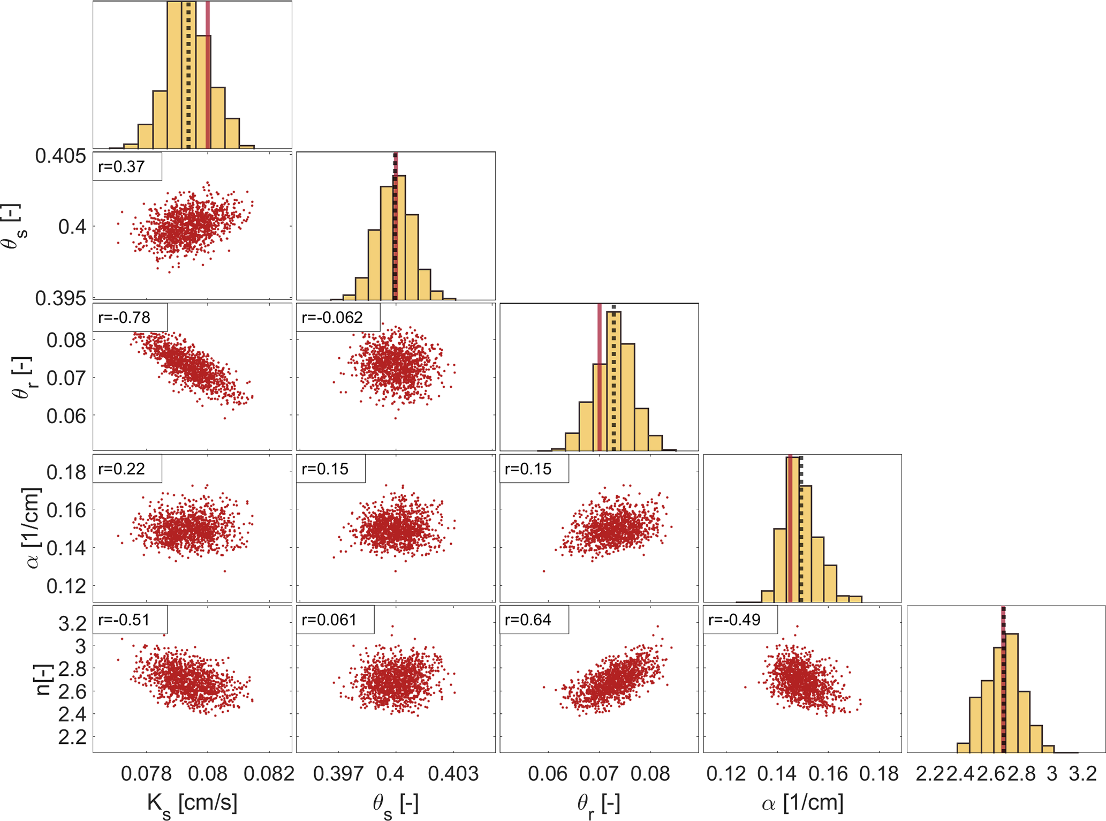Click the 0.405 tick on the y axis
coord(60,156)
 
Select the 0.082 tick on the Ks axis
coord(269,774)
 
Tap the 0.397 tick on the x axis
coord(338,774)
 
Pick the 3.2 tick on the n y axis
coord(73,623)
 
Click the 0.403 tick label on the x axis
coord(453,774)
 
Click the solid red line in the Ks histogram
coord(208,75)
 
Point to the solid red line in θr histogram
coord(600,375)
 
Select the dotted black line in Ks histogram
coord(188,75)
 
